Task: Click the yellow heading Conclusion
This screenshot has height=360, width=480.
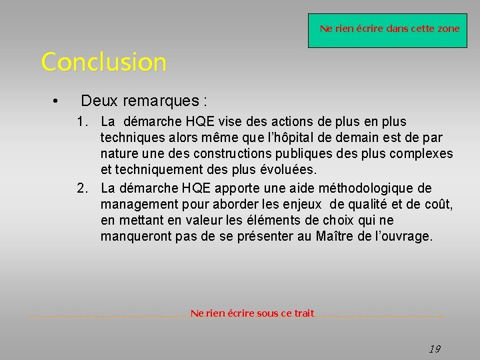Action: (x=103, y=62)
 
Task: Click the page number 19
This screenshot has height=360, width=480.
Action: (x=434, y=349)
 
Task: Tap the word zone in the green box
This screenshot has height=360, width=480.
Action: (x=447, y=29)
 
